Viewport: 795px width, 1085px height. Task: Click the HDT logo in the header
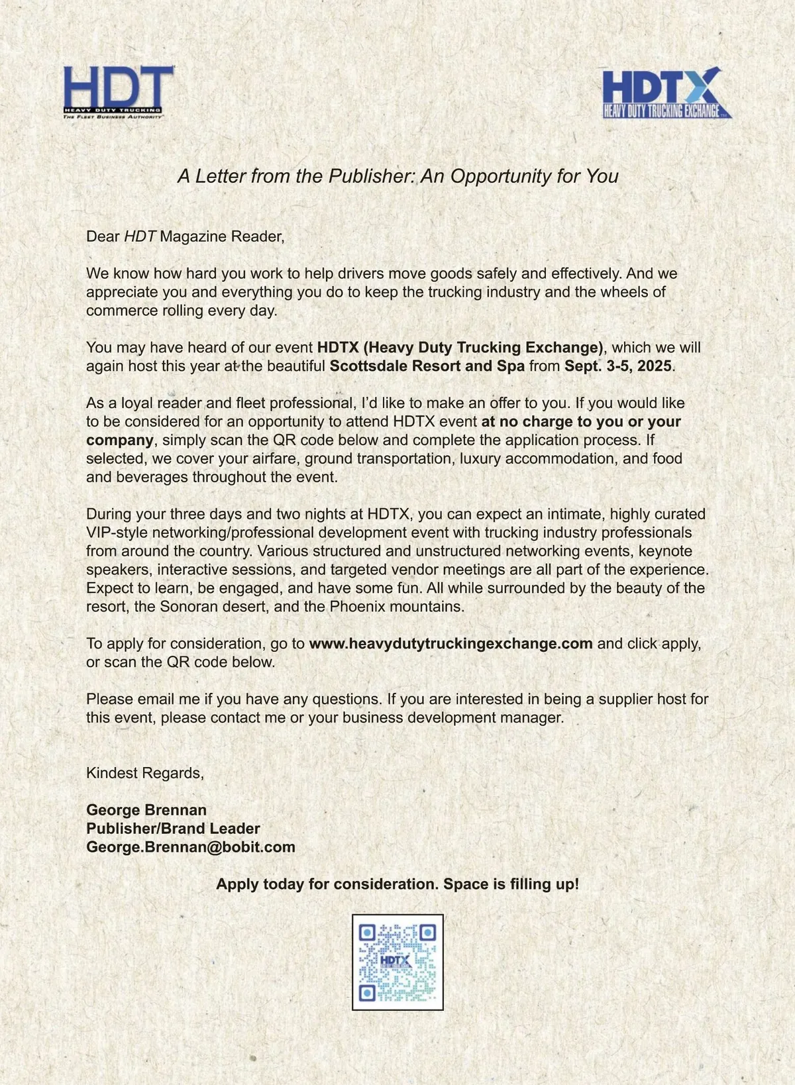tap(118, 92)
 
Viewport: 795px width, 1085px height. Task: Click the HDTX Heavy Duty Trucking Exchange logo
tap(665, 93)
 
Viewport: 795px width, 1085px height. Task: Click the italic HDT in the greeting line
tap(140, 236)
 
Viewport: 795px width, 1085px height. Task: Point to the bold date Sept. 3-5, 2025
tap(617, 366)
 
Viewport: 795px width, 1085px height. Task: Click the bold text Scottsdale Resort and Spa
tap(427, 366)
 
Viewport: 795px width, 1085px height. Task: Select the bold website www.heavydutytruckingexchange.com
tap(450, 643)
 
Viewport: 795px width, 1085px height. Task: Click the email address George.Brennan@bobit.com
tap(191, 847)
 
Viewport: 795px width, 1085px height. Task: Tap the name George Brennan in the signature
tap(146, 809)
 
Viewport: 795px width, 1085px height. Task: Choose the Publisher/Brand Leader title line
tap(173, 828)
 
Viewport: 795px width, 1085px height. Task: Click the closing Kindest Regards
tap(145, 772)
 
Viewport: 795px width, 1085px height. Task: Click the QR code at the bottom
tap(397, 962)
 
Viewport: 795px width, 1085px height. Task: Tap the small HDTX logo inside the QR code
tap(396, 960)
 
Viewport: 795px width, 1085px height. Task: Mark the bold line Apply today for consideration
tap(397, 884)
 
